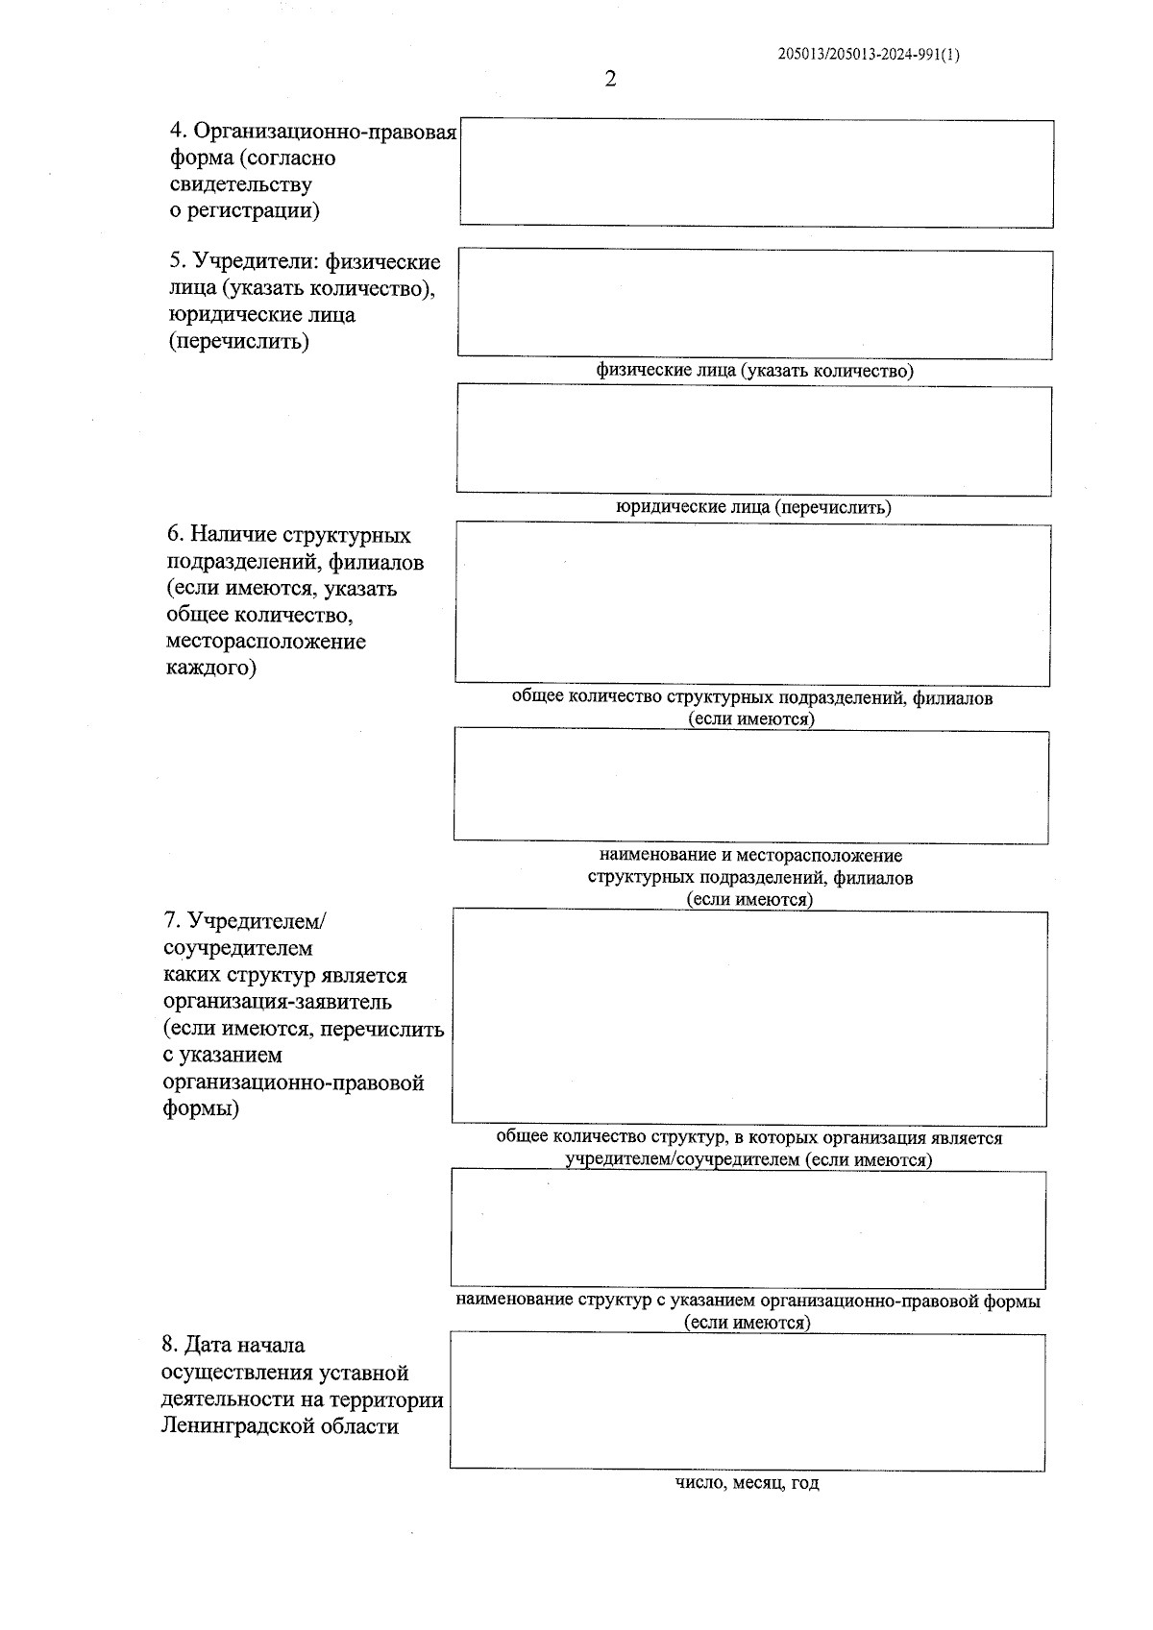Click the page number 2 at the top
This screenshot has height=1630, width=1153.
[x=610, y=79]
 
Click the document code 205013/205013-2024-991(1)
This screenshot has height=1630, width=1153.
[x=869, y=55]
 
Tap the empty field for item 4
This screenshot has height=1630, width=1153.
[x=756, y=174]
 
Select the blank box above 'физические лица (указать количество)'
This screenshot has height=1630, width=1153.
[x=754, y=304]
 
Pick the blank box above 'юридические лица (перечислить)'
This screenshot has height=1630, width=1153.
[x=753, y=441]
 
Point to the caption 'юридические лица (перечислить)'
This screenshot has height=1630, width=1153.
[x=753, y=507]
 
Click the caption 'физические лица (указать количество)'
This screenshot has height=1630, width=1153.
[x=754, y=370]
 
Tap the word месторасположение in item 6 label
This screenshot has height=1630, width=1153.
[x=266, y=641]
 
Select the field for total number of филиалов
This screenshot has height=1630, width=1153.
[x=752, y=604]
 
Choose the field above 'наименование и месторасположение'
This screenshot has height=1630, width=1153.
[x=751, y=787]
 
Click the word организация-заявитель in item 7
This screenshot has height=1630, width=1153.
[x=278, y=1002]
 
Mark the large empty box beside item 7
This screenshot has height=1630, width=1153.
[x=749, y=1017]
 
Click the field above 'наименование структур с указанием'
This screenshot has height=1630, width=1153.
[x=748, y=1229]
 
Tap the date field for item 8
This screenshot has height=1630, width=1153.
[x=748, y=1401]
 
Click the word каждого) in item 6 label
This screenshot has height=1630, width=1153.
[x=212, y=668]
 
